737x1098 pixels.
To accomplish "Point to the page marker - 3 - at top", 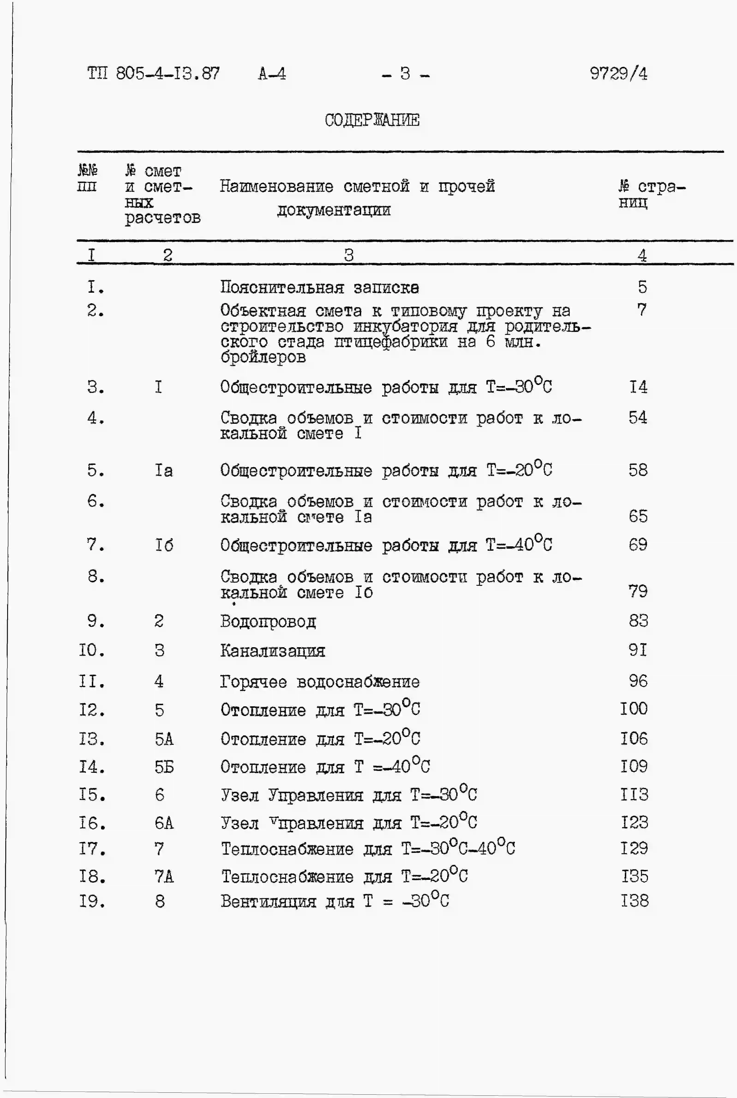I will point(405,74).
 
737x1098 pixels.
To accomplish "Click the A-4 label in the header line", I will point(272,74).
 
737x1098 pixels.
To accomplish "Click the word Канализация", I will point(273,651).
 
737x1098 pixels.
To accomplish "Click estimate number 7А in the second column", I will point(164,876).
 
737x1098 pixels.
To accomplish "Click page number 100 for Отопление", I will point(634,709).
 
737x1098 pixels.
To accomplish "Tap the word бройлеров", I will point(263,357).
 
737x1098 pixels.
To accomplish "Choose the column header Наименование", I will point(276,187).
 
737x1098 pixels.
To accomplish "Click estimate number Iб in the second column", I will point(164,545).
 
